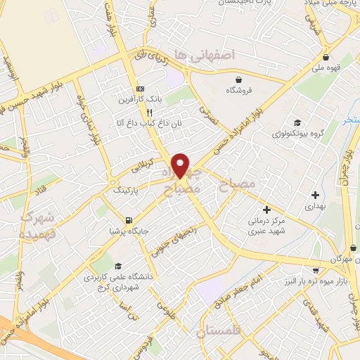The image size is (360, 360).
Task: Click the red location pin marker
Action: pos(181,165)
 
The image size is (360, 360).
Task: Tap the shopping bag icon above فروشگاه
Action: pos(240,79)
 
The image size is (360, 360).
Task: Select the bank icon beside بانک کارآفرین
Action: pos(141,89)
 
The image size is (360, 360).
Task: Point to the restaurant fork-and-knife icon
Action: pos(149,112)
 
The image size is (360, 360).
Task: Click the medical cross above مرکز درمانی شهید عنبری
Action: pos(266,209)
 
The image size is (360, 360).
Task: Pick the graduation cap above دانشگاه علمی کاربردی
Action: pos(118,265)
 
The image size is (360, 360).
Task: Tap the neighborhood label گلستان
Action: pos(219,330)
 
